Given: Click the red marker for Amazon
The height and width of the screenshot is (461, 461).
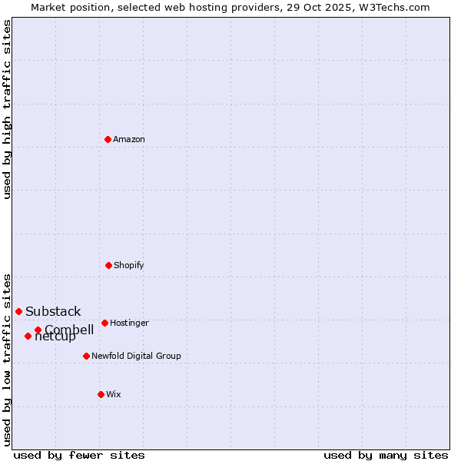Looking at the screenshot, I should (x=108, y=139).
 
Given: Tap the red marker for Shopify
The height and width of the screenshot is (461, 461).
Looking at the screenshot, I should (x=108, y=265).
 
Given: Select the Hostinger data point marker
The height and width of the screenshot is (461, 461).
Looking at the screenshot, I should (x=104, y=323).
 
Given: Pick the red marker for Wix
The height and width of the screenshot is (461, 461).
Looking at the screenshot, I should (x=101, y=394).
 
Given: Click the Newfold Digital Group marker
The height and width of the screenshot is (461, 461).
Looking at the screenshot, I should (x=86, y=356).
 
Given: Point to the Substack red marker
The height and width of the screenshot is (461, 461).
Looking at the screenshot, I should (x=18, y=311).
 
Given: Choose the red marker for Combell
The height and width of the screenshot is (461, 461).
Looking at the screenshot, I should (x=38, y=330).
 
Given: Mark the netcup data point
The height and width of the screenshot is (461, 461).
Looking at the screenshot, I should (x=28, y=336).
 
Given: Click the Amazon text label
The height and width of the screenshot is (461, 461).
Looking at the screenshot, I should (x=129, y=139).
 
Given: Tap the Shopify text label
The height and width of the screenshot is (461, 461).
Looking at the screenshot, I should (x=129, y=265).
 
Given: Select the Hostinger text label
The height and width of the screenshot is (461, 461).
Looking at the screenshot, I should (x=129, y=323).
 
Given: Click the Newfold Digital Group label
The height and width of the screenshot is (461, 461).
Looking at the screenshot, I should (x=136, y=356).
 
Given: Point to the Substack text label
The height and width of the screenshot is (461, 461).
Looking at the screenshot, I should (x=53, y=311).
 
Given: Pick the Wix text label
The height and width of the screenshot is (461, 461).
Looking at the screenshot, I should (x=114, y=394).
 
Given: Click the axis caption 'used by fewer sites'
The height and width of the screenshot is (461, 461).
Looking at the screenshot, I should (x=79, y=455).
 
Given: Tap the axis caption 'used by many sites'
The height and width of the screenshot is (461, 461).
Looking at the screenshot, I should (x=386, y=455).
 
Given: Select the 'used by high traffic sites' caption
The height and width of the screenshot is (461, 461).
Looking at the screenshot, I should (x=7, y=109).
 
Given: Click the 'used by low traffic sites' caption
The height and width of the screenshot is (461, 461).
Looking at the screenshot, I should (x=7, y=359).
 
